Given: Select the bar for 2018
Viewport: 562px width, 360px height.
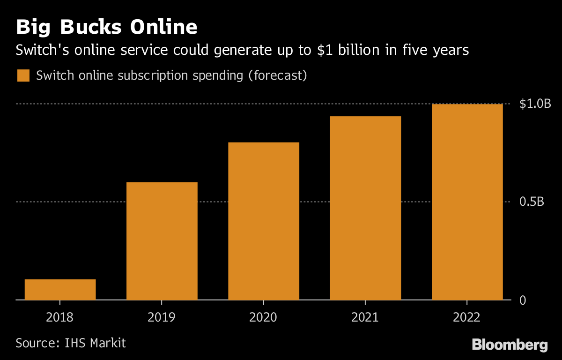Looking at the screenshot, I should (60, 289).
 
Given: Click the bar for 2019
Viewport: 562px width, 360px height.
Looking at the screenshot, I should (162, 240).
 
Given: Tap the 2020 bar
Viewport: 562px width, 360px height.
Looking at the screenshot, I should (263, 221).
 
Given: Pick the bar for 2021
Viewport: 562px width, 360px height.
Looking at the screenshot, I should (365, 208).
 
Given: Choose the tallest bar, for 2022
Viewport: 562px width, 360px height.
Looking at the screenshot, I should (467, 202).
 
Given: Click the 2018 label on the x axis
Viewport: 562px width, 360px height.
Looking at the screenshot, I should (60, 317).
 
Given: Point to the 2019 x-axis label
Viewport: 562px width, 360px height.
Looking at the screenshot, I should (162, 317).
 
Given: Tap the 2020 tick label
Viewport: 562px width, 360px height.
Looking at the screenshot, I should (263, 317).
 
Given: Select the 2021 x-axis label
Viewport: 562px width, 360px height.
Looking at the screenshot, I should (365, 317).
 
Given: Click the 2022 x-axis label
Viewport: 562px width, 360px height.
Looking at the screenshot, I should (467, 317).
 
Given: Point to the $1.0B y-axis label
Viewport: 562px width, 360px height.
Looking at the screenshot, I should (535, 104).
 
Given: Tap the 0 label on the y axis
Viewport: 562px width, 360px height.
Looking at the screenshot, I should (523, 300).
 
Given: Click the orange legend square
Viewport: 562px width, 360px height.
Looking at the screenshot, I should (23, 75).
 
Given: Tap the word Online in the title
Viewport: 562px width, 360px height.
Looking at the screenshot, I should (163, 27).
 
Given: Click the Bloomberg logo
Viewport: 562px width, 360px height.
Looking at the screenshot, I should (510, 345).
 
